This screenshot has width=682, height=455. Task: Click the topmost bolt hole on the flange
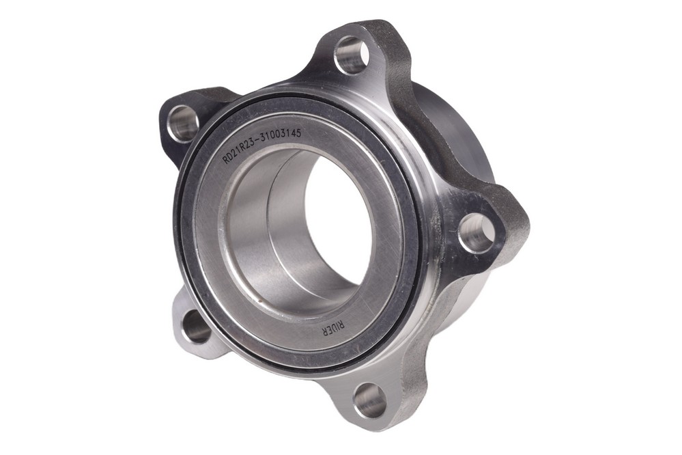[352, 55]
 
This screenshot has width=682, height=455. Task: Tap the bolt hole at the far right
[477, 234]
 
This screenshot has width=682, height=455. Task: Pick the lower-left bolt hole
[196, 327]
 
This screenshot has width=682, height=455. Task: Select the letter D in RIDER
[334, 331]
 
